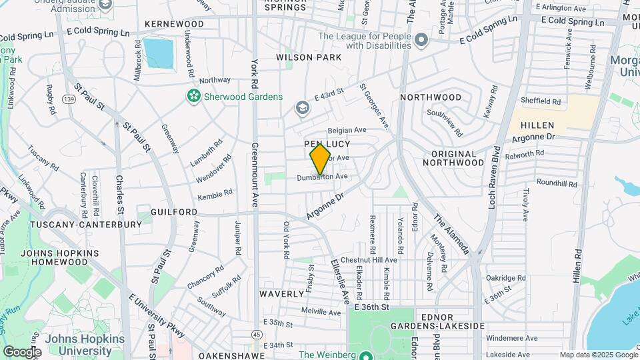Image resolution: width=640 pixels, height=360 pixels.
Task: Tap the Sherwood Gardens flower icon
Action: pyautogui.click(x=193, y=97)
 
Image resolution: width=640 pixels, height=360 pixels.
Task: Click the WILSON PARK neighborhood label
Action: pyautogui.click(x=309, y=57)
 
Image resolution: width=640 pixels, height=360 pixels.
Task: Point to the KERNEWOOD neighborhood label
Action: pyautogui.click(x=175, y=24)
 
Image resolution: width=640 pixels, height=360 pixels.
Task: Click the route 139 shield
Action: pyautogui.click(x=68, y=99)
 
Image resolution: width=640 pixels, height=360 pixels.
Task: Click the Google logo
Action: pyautogui.click(x=22, y=351)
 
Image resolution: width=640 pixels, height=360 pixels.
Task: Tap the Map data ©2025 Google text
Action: pyautogui.click(x=598, y=355)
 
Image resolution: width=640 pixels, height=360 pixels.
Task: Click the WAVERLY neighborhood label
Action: pyautogui.click(x=281, y=293)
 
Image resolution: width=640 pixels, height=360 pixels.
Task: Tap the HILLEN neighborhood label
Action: pyautogui.click(x=537, y=125)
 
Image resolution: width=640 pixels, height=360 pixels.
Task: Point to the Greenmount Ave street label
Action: pyautogui.click(x=254, y=175)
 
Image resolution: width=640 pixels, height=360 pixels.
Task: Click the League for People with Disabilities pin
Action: pyautogui.click(x=421, y=41)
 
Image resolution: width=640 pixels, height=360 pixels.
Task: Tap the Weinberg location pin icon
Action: pyautogui.click(x=365, y=355)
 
